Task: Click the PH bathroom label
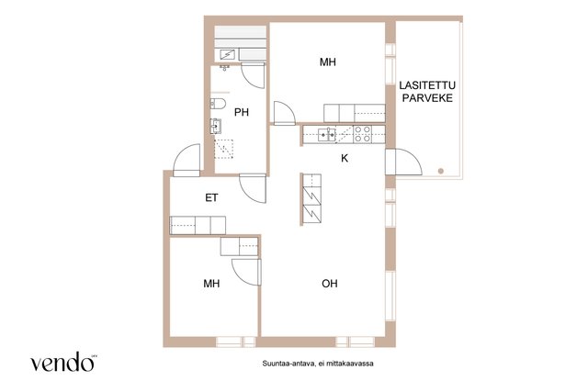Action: [242, 112]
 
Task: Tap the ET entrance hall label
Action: [211, 198]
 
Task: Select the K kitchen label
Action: [345, 159]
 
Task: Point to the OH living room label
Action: [330, 284]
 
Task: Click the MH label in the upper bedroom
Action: [328, 62]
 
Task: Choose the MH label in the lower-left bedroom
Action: [211, 284]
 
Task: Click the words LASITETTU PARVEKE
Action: [427, 92]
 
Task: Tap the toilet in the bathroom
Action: [218, 104]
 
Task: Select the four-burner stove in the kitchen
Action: [363, 134]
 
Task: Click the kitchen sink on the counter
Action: [327, 135]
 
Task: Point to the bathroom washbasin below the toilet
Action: [216, 127]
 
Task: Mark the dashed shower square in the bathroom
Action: [224, 149]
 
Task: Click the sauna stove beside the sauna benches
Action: [227, 55]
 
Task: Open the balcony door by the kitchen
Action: [404, 162]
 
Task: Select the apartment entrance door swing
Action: [187, 161]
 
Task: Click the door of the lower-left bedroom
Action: [246, 272]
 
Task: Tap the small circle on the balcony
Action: [441, 171]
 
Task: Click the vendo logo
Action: [62, 362]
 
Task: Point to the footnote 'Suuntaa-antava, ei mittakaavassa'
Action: [318, 364]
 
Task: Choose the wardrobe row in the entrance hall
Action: [198, 225]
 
